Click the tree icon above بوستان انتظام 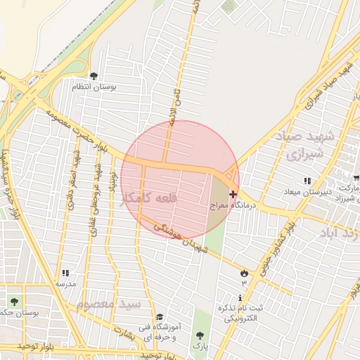[x=94, y=76]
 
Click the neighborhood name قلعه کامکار [x=149, y=198]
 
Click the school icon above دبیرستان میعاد [x=307, y=181]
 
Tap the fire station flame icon [x=244, y=272]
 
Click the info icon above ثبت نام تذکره [x=241, y=297]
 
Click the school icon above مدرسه [x=65, y=273]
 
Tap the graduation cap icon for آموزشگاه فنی [x=159, y=317]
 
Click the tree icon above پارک [x=200, y=335]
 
